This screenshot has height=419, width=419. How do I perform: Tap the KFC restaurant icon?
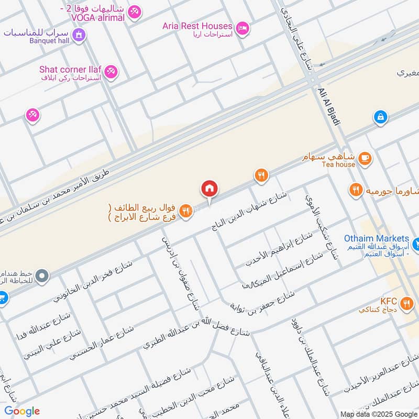(x=406, y=302)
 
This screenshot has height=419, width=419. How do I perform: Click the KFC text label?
(x=389, y=302)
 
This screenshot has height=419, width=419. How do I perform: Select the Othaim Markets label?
(x=376, y=239)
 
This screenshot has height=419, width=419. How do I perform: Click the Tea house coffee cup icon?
(x=365, y=157)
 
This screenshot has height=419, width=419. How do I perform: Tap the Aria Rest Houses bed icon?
(x=242, y=27)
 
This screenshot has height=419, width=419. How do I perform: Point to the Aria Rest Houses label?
(x=197, y=26)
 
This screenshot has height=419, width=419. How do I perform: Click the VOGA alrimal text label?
(x=94, y=17)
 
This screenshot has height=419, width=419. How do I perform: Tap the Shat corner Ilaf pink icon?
(x=111, y=72)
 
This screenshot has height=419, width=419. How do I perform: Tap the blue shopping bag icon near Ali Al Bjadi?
(x=381, y=117)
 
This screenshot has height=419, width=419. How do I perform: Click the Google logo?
(x=21, y=411)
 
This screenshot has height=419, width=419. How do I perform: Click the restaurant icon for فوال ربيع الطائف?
(x=185, y=211)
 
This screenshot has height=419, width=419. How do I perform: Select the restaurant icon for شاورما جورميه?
(x=356, y=191)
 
